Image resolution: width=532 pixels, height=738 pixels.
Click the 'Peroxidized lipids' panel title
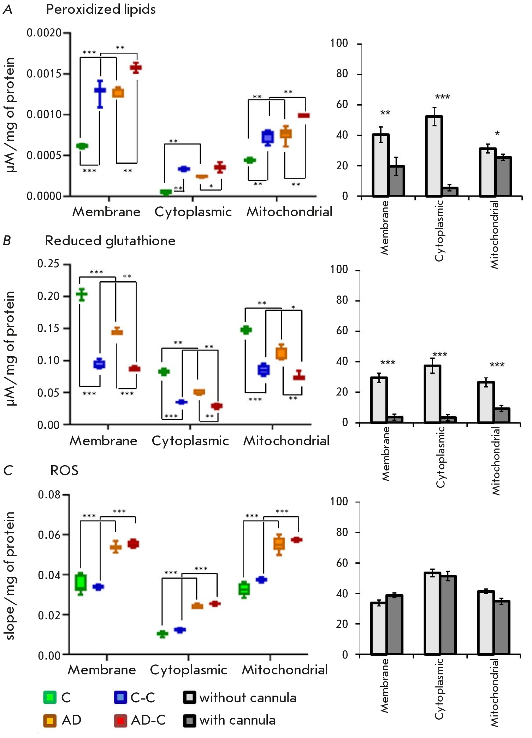tap(101, 10)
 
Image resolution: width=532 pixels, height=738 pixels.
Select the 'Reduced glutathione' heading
tap(110, 241)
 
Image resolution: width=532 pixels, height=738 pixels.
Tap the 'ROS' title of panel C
tap(64, 470)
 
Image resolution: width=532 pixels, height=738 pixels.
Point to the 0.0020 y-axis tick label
tap(44, 33)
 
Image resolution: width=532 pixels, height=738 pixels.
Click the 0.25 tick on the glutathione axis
tap(48, 264)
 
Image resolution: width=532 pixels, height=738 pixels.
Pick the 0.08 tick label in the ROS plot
tap(49, 494)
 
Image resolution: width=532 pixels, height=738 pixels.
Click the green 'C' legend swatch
tap(50, 697)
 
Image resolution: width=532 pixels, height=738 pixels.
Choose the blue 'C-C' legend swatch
tap(120, 697)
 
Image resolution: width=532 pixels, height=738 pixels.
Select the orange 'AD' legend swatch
tap(50, 720)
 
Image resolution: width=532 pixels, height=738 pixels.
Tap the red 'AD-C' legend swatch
tap(120, 720)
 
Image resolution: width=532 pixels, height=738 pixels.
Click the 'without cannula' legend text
tap(248, 698)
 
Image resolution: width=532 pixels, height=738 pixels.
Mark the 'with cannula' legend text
tap(237, 720)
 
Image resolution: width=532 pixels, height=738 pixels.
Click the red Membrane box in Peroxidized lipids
tap(136, 68)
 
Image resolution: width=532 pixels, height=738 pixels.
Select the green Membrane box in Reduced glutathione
tap(82, 295)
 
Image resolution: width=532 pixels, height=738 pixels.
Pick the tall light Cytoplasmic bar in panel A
tap(434, 156)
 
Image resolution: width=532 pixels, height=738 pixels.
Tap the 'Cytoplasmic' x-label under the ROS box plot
tap(188, 670)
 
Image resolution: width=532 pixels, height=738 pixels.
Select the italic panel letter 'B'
tap(7, 241)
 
